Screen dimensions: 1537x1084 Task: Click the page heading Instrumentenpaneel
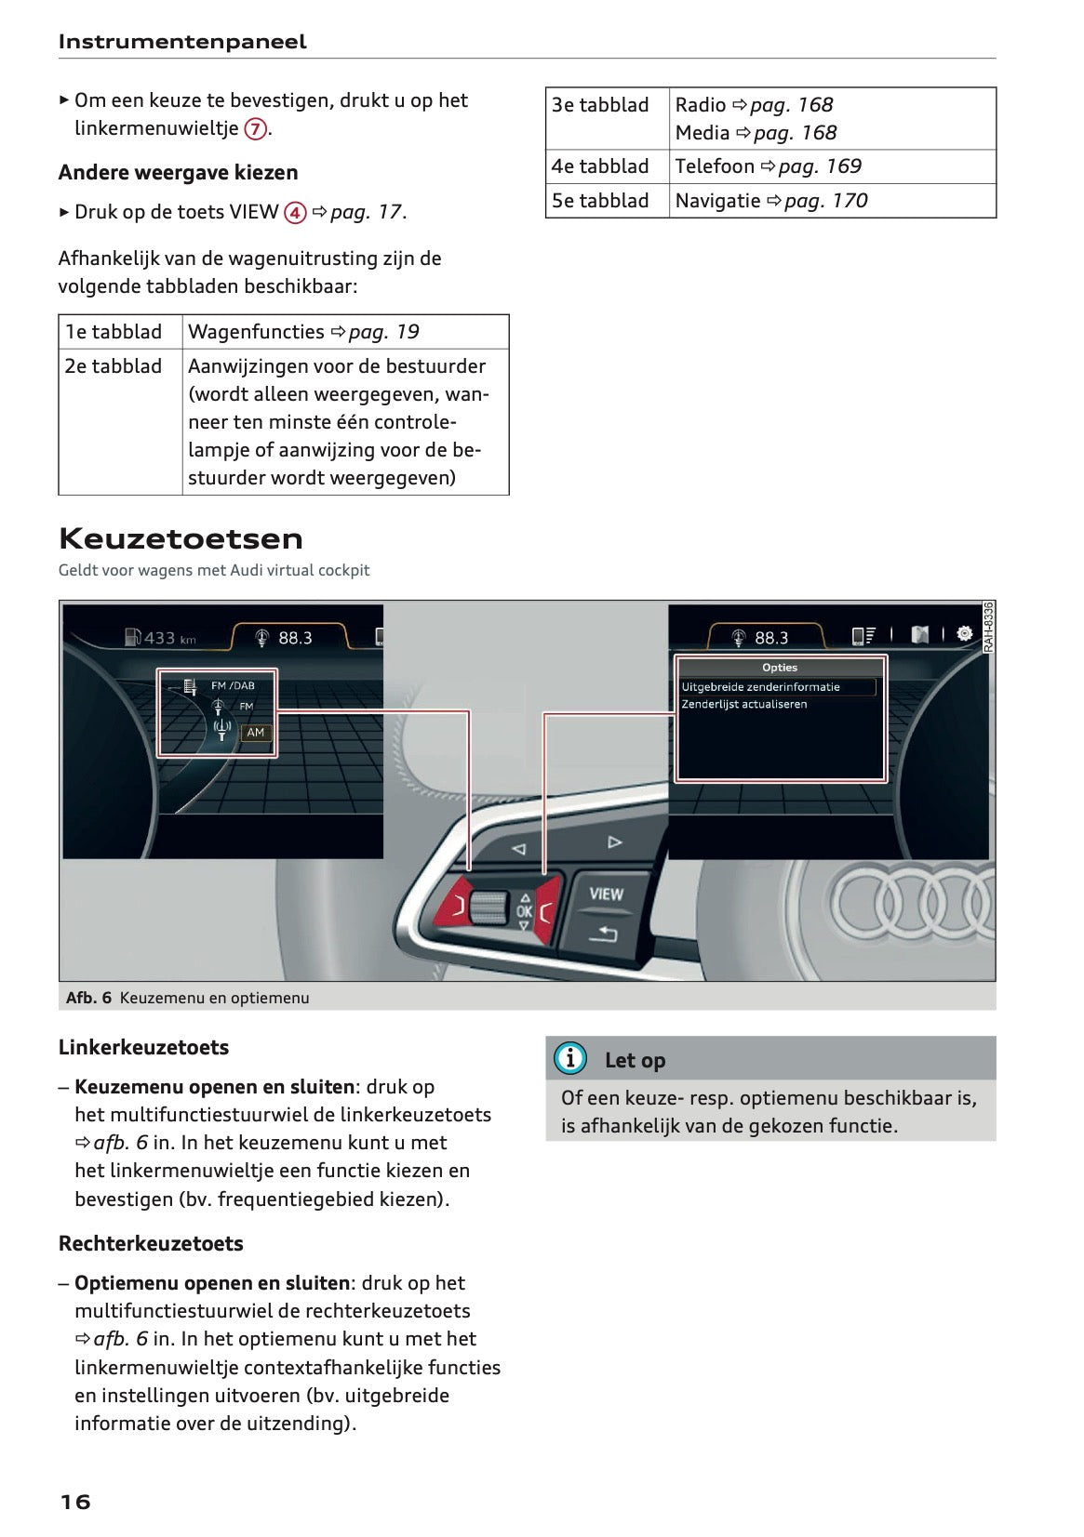point(182,42)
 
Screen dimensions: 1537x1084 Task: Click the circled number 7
point(255,129)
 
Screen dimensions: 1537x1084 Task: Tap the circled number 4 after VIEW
point(295,213)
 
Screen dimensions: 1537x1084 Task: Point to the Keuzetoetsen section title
point(181,539)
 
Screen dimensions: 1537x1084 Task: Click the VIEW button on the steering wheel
point(606,894)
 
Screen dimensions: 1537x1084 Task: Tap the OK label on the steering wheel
point(524,912)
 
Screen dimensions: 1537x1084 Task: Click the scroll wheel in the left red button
point(488,907)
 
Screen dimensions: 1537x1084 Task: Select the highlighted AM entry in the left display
point(255,733)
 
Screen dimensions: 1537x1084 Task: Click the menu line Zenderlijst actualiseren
point(743,705)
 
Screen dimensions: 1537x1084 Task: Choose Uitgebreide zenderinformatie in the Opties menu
point(760,687)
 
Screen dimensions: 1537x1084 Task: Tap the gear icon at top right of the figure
point(965,634)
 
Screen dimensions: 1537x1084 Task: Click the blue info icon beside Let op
point(570,1058)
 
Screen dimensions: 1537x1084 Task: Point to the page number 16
point(75,1502)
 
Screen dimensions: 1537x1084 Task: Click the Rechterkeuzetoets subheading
point(151,1244)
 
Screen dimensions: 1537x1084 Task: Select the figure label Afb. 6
point(88,998)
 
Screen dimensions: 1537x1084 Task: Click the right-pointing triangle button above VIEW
point(614,842)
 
